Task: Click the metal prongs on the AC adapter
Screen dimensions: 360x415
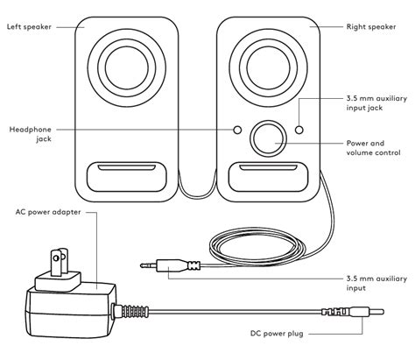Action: (x=63, y=261)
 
